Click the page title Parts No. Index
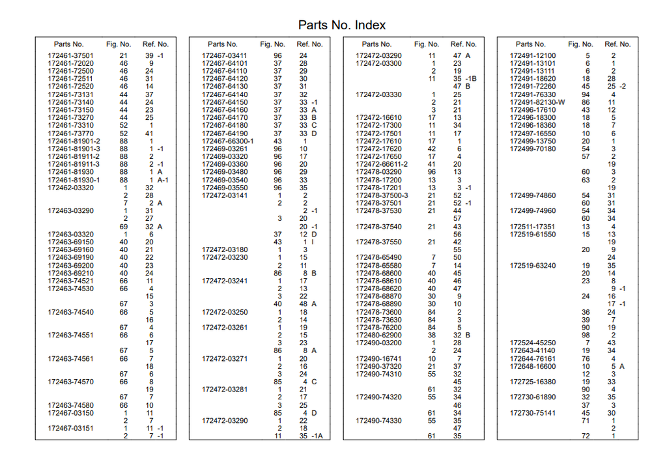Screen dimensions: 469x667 pos(342,25)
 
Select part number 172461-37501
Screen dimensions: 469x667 pos(70,56)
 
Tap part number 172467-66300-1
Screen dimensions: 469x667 pos(227,141)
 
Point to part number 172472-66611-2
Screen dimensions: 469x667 pos(382,165)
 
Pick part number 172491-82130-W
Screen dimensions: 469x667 pos(537,102)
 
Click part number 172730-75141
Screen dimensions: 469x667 pos(533,413)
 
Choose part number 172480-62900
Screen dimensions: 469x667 pos(378,335)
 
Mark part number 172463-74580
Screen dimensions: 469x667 pos(70,405)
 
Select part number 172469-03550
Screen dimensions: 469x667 pos(225,188)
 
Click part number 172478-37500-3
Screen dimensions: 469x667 pos(382,195)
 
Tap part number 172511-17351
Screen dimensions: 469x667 pos(533,227)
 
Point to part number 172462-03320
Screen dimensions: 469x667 pos(70,188)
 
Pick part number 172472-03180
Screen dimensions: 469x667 pos(225,250)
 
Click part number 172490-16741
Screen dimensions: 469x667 pos(378,359)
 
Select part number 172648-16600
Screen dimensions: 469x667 pos(533,367)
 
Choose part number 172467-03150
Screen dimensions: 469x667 pos(70,413)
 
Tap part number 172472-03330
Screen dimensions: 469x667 pos(378,94)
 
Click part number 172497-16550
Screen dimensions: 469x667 pos(533,134)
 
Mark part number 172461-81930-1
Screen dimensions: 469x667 pos(74,180)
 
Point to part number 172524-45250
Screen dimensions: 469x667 pos(533,343)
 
